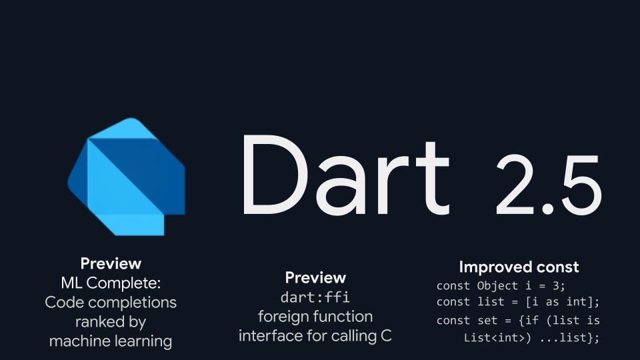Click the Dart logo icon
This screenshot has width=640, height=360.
pyautogui.click(x=127, y=177)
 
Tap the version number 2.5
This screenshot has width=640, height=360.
pyautogui.click(x=549, y=183)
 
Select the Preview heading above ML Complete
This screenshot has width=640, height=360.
pyautogui.click(x=111, y=263)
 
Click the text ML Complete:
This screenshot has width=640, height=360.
pyautogui.click(x=111, y=282)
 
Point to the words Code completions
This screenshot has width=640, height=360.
pyautogui.click(x=111, y=302)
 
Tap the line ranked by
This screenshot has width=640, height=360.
pyautogui.click(x=111, y=321)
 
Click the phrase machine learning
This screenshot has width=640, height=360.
pyautogui.click(x=111, y=341)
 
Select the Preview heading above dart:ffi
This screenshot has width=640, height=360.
pyautogui.click(x=315, y=277)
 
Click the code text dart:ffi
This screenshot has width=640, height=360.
pyautogui.click(x=315, y=297)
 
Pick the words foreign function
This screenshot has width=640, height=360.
pyautogui.click(x=315, y=316)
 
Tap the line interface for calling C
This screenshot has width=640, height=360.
pyautogui.click(x=315, y=336)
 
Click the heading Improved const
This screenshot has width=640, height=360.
pyautogui.click(x=519, y=267)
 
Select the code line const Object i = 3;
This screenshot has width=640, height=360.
pyautogui.click(x=501, y=286)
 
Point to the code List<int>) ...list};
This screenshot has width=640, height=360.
pyautogui.click(x=531, y=338)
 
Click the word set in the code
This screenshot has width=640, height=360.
pyautogui.click(x=488, y=321)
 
